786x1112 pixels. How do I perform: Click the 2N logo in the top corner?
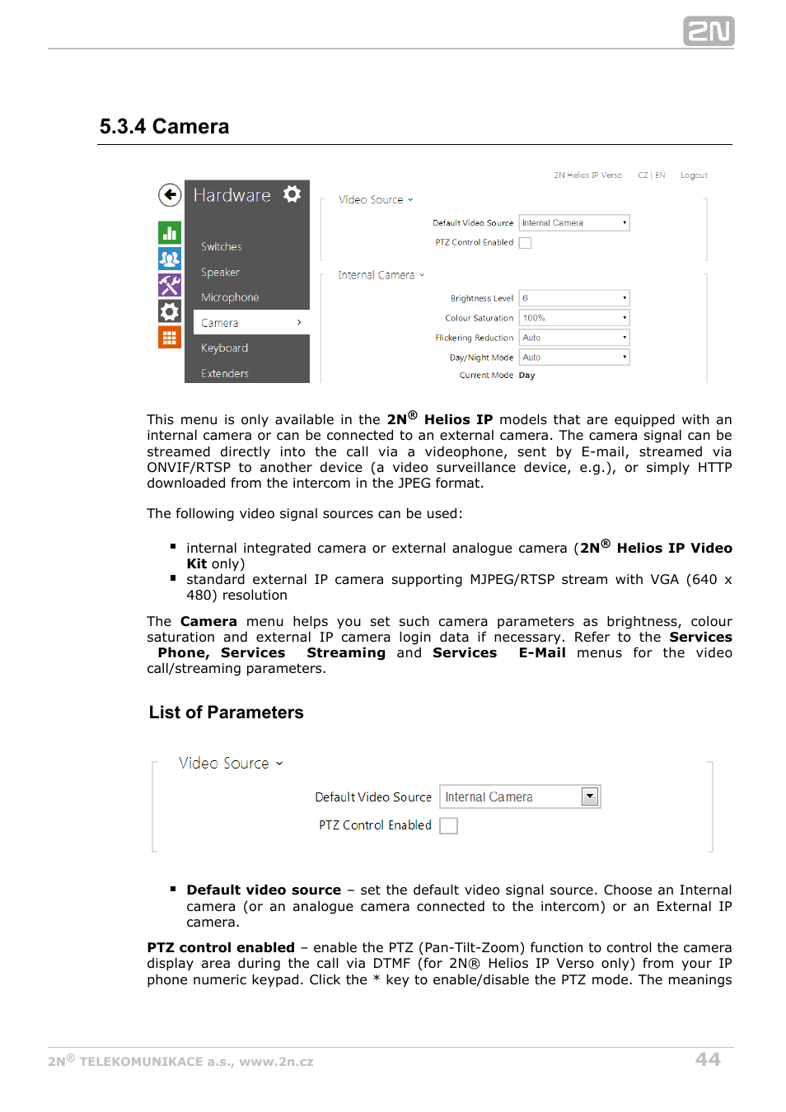pyautogui.click(x=708, y=31)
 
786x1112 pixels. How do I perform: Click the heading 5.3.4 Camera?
pyautogui.click(x=164, y=126)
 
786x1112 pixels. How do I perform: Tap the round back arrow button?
pyautogui.click(x=170, y=195)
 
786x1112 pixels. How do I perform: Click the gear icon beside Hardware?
pyautogui.click(x=292, y=194)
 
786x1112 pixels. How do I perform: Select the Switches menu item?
pyautogui.click(x=221, y=246)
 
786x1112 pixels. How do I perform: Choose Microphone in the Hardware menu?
pyautogui.click(x=230, y=297)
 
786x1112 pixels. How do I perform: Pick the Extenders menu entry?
pyautogui.click(x=224, y=373)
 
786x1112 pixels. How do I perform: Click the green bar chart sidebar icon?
pyautogui.click(x=170, y=233)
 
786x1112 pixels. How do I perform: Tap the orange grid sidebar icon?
pyautogui.click(x=170, y=337)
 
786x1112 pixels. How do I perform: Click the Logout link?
pyautogui.click(x=694, y=175)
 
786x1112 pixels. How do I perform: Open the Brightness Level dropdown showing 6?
pyautogui.click(x=573, y=298)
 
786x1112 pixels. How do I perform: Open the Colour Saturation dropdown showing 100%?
pyautogui.click(x=573, y=318)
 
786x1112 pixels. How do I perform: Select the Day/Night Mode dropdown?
pyautogui.click(x=573, y=357)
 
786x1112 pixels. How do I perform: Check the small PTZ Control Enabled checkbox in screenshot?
pyautogui.click(x=525, y=243)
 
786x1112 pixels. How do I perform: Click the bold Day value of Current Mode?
pyautogui.click(x=526, y=376)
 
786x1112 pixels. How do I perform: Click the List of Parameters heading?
pyautogui.click(x=226, y=713)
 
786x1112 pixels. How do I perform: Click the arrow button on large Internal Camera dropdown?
pyautogui.click(x=590, y=797)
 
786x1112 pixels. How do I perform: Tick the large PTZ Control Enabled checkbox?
pyautogui.click(x=448, y=825)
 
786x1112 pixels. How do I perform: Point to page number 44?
pyautogui.click(x=707, y=1059)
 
